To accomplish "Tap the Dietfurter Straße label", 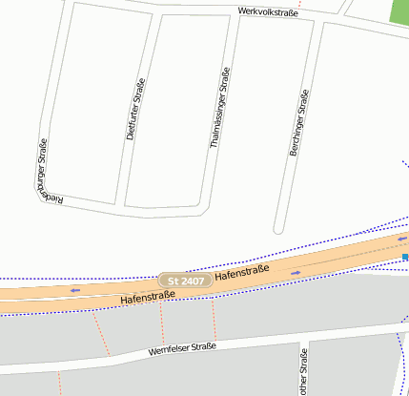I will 134,110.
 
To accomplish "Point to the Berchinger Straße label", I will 298,123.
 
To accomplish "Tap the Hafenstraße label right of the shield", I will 243,272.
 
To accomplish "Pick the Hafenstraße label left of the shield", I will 147,298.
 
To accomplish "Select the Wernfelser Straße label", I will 182,350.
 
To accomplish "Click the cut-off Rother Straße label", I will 303,374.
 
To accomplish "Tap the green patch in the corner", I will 399,10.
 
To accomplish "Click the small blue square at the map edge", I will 405,257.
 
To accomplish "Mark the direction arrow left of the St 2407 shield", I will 74,290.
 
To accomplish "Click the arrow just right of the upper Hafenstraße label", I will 296,273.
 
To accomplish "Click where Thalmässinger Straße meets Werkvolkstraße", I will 233,17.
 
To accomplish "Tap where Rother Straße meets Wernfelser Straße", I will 304,341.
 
